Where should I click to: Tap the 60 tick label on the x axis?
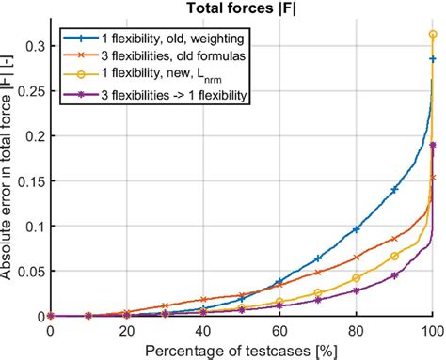279,332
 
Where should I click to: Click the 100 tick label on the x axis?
432,332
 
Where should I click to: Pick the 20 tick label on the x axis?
126,332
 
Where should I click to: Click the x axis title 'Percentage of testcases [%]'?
241,350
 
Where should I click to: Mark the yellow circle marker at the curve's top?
433,34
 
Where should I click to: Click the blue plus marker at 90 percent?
394,190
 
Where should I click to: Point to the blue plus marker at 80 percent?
356,229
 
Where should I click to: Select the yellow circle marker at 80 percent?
356,278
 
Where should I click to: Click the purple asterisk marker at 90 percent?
394,275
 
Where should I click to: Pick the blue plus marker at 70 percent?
318,258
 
